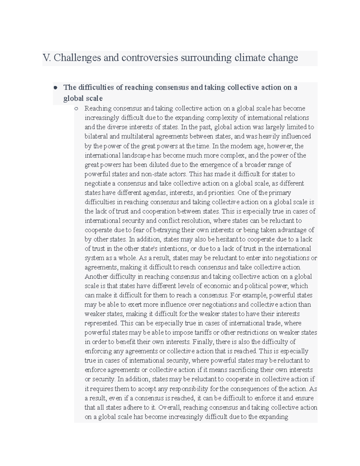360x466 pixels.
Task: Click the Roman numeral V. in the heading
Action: point(47,58)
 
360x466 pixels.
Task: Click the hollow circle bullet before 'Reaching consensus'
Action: point(76,109)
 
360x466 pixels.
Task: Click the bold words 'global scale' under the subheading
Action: point(83,98)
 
